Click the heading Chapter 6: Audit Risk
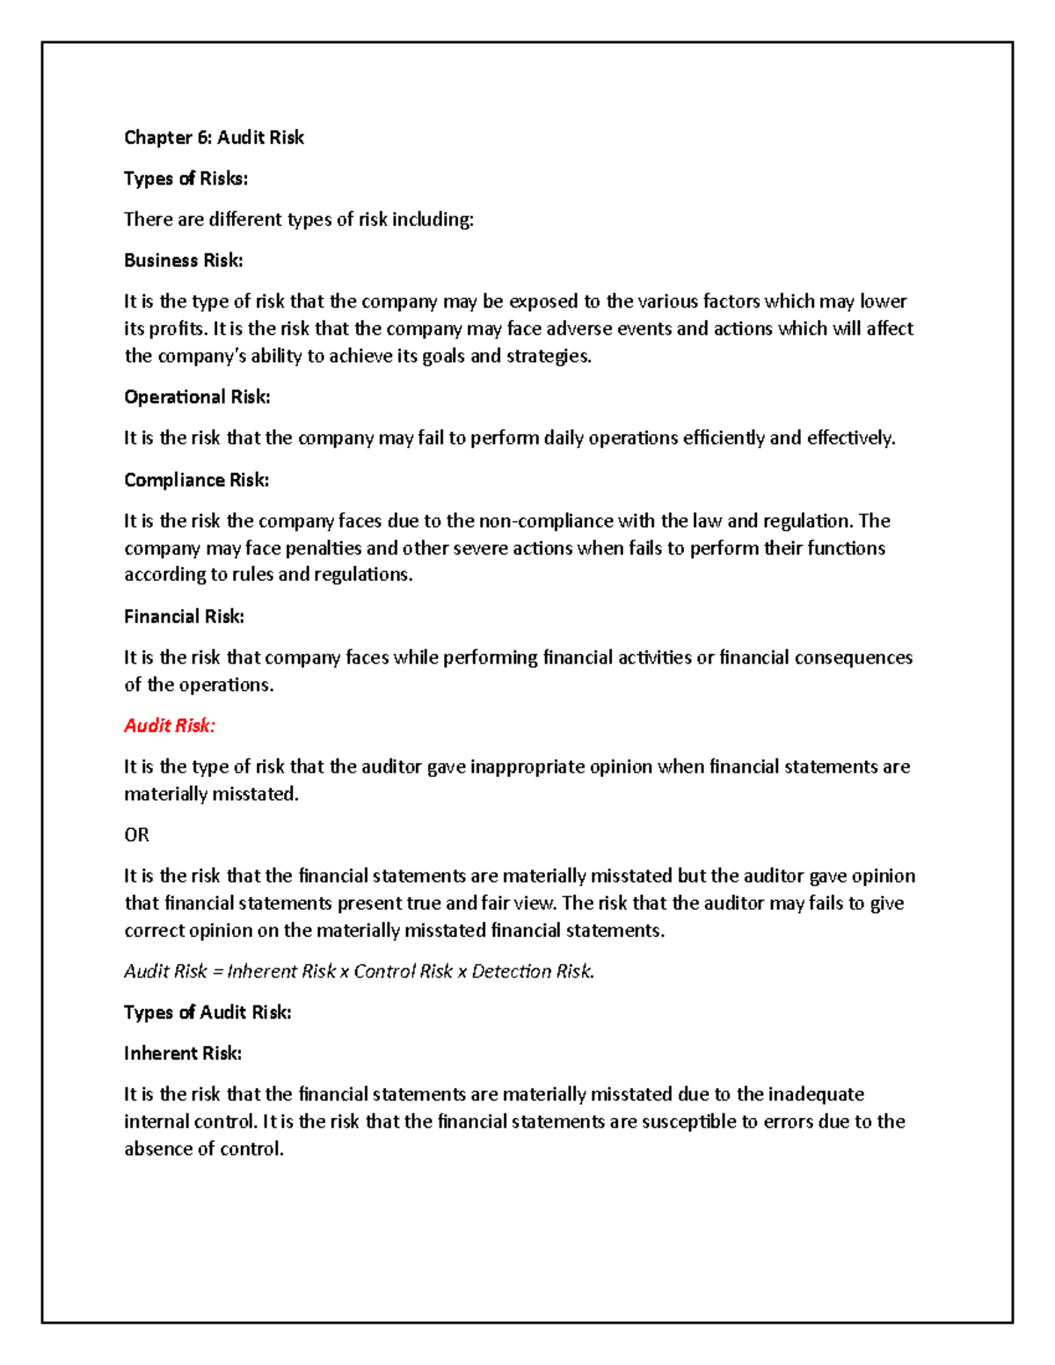[214, 137]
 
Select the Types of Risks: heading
[186, 178]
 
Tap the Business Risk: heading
[183, 260]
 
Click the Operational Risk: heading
[197, 397]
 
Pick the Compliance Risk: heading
[196, 480]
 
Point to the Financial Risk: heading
[184, 617]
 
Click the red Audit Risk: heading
[169, 726]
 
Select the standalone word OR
[136, 835]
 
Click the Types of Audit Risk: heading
[207, 1013]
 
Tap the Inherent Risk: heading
[182, 1054]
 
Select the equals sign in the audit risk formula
[218, 972]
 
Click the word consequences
[853, 657]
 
